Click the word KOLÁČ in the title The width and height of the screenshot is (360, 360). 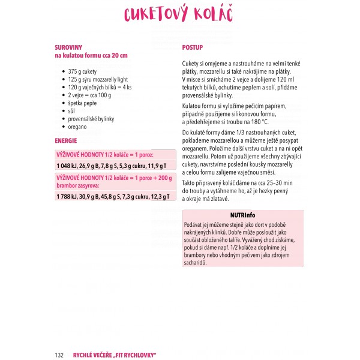point(214,16)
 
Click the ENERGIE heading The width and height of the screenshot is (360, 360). point(65,141)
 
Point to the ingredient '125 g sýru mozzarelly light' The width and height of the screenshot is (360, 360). point(98,79)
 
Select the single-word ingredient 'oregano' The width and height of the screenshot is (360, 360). point(77,127)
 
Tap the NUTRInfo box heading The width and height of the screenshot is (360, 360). point(242,215)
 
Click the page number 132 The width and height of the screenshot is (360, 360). point(59,355)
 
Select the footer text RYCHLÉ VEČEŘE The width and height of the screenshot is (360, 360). point(94,355)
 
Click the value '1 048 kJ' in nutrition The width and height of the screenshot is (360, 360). point(68,166)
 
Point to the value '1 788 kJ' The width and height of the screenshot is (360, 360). point(68,196)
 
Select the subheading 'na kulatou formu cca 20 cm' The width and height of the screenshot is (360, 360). point(91,55)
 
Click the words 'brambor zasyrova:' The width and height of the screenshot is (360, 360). point(79,186)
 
